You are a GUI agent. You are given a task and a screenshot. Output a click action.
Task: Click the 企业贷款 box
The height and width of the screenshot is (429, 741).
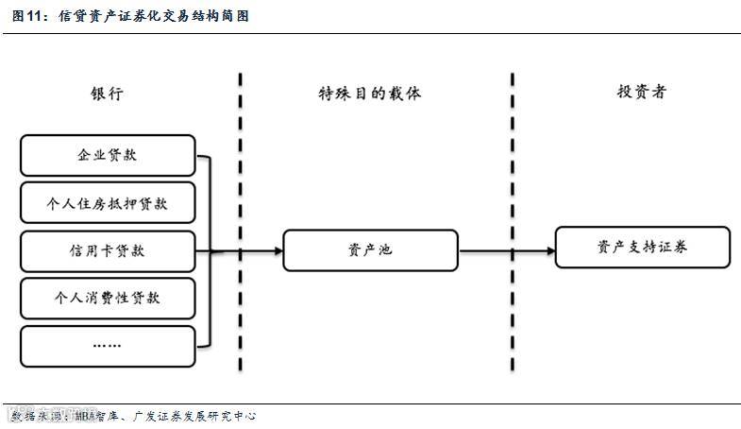[x=107, y=156]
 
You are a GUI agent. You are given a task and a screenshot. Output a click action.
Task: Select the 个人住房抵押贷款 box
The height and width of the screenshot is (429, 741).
[x=107, y=203]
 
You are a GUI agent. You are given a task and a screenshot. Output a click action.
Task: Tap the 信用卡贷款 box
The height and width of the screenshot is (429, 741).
[x=107, y=251]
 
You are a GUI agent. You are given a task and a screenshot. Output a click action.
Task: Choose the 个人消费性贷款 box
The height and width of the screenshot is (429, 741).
[x=107, y=299]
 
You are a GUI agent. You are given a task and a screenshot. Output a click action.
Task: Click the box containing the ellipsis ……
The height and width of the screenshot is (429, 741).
[x=107, y=346]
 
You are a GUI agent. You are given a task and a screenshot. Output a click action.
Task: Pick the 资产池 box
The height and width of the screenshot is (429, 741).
[x=370, y=250]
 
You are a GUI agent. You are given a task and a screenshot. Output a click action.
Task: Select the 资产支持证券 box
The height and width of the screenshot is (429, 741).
[x=642, y=247]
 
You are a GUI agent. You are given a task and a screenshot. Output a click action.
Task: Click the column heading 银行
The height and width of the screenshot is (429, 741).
[x=107, y=94]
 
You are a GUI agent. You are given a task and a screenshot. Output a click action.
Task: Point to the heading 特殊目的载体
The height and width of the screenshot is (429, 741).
[x=369, y=94]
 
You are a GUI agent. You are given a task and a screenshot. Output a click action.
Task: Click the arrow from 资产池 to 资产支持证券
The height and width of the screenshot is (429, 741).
[x=505, y=251]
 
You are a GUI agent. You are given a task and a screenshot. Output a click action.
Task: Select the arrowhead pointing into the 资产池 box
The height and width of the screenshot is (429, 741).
[x=278, y=251]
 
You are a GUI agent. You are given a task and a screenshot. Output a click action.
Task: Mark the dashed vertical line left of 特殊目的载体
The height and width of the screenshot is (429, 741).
[x=241, y=227]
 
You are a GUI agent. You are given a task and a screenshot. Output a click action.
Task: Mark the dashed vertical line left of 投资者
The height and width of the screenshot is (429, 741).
[x=513, y=227]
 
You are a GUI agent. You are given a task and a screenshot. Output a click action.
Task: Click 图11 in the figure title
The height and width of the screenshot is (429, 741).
[x=27, y=16]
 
